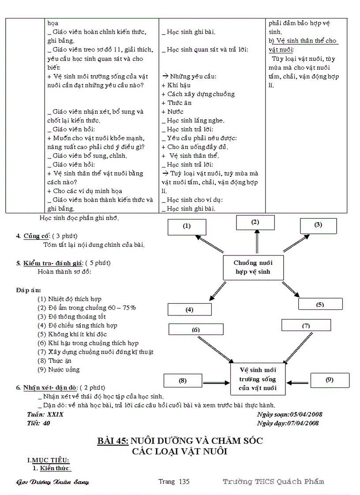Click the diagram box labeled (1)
coord(187,226)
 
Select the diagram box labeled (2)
coord(255,222)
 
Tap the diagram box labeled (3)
coord(318,225)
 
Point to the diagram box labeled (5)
coord(320,304)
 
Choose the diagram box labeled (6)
coord(195,329)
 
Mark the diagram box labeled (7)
coord(306,326)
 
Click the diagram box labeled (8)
coord(182,380)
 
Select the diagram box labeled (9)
coord(329,380)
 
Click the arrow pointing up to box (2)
coord(256,242)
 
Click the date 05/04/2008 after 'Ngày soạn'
coord(306,414)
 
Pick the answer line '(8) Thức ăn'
coord(51,361)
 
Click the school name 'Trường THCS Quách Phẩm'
coord(273,481)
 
